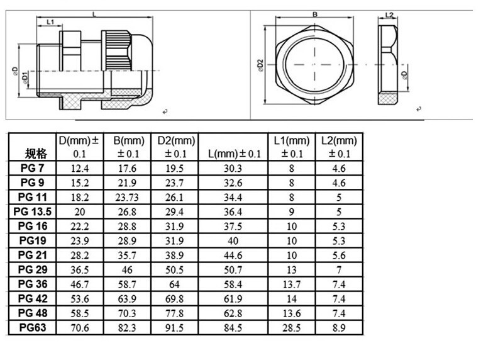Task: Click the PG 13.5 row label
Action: pyautogui.click(x=32, y=211)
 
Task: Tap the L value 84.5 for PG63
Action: pyautogui.click(x=233, y=327)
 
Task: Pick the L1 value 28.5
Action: pyautogui.click(x=292, y=327)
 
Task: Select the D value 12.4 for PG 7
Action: pyautogui.click(x=80, y=167)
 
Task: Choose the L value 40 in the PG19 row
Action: pyautogui.click(x=233, y=240)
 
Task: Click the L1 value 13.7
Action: pyautogui.click(x=292, y=284)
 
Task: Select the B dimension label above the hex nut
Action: pyautogui.click(x=314, y=13)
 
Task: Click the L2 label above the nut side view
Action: pyautogui.click(x=388, y=14)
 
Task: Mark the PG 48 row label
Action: pyautogui.click(x=32, y=313)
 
